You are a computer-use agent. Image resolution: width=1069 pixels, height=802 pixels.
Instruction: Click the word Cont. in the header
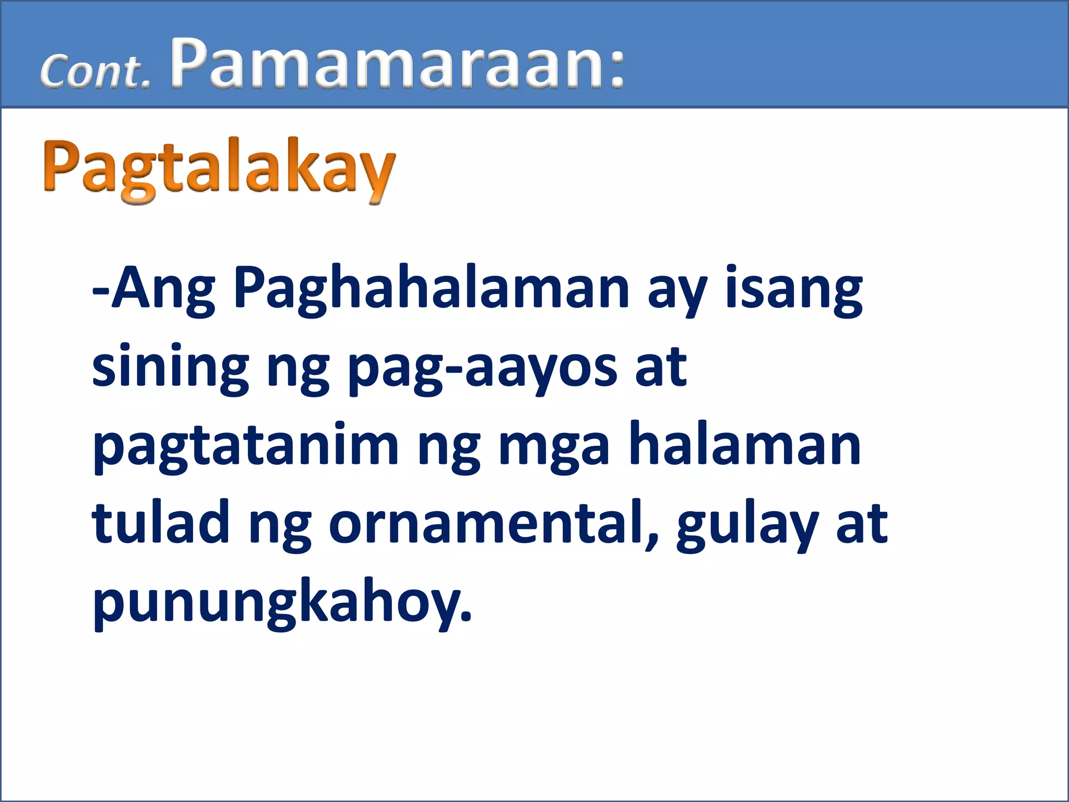pos(95,72)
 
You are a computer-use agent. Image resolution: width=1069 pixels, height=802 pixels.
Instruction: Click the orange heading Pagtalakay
pos(219,168)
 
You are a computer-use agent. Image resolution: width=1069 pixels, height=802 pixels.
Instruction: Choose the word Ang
pos(163,290)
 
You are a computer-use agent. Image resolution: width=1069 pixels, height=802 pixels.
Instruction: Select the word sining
pos(170,369)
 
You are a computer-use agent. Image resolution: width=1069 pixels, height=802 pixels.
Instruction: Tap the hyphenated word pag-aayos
pos(482,369)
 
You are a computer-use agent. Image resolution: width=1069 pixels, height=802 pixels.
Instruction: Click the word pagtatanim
pos(245,447)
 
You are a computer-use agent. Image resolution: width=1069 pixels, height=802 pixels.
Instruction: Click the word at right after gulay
pos(861,524)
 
